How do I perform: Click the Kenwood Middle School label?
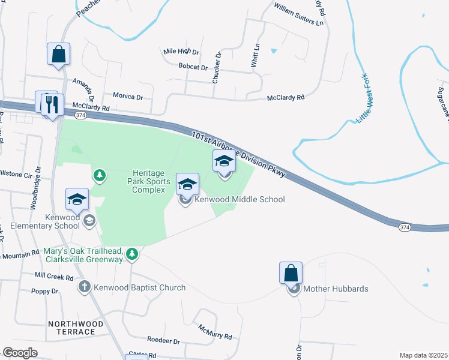tap(240, 199)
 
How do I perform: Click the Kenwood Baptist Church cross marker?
tap(85, 287)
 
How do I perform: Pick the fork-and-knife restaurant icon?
tap(53, 104)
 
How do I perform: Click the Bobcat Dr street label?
tap(193, 68)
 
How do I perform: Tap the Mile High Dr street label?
tap(181, 52)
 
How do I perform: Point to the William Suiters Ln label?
tap(298, 16)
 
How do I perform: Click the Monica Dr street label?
tap(128, 96)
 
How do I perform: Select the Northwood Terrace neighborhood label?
tap(80, 328)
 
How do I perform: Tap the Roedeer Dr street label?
tap(163, 341)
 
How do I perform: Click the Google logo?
tap(20, 352)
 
